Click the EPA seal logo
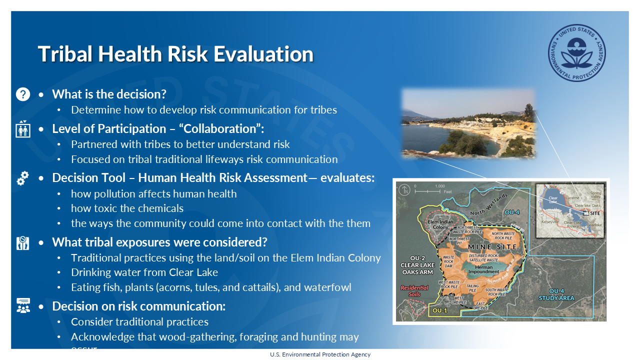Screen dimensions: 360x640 [576, 53]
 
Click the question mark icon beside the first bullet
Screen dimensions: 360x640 [23, 94]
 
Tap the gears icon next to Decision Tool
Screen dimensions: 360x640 [23, 178]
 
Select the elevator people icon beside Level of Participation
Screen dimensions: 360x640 [23, 129]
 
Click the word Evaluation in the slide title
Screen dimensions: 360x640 [263, 54]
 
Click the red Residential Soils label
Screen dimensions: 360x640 [414, 290]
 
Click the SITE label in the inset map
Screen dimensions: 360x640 [594, 212]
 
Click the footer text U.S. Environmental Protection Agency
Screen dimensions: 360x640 [320, 354]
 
